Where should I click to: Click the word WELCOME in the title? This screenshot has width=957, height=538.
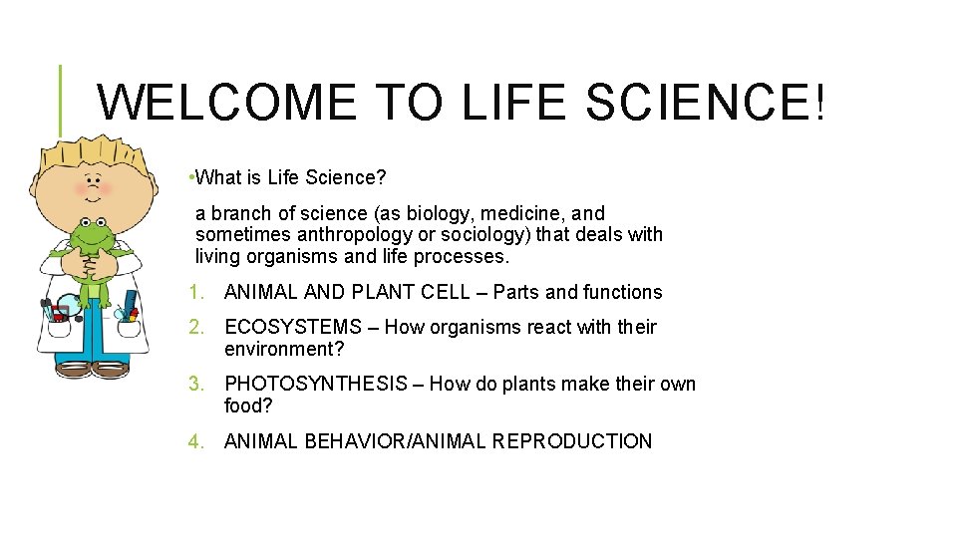pyautogui.click(x=228, y=103)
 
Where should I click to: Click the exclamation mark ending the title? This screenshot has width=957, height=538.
pyautogui.click(x=819, y=103)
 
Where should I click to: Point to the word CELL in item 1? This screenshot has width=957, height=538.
pyautogui.click(x=454, y=292)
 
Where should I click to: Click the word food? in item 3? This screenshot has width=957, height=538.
pyautogui.click(x=248, y=405)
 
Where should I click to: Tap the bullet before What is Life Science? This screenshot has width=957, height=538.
pyautogui.click(x=190, y=178)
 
